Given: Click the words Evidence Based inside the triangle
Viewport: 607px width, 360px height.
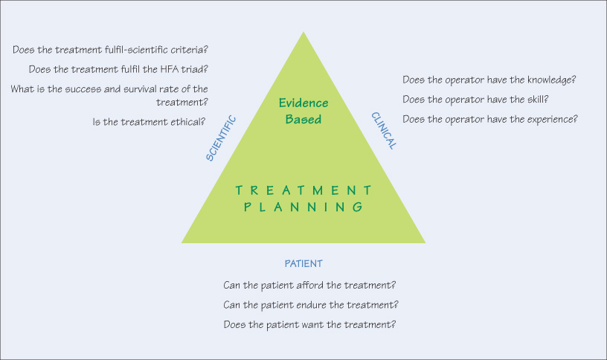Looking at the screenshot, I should coord(303,110).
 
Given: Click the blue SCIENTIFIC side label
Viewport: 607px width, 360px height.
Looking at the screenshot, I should coord(222,138).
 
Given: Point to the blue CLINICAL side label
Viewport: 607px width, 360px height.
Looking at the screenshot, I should coord(384,131).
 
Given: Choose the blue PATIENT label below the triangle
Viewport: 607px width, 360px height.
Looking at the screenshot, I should coord(303,263).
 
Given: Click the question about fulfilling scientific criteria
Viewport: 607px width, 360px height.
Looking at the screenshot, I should coord(110,50).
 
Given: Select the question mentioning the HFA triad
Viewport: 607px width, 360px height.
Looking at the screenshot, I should coord(118,69).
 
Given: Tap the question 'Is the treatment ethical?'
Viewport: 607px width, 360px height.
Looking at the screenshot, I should coord(150,121).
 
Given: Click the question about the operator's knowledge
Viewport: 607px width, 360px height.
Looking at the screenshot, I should coord(490,80).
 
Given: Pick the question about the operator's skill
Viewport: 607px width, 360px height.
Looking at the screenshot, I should coord(475,99).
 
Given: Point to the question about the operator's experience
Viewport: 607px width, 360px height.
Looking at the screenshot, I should coord(490,119).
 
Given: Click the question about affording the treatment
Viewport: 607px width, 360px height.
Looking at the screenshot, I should coord(309,285).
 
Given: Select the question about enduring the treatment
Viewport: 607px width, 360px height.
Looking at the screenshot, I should coord(311,305).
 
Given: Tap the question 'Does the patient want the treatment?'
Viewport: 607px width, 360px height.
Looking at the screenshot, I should coord(309,325).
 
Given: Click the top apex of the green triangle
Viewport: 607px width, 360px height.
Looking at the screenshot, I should coord(303,33).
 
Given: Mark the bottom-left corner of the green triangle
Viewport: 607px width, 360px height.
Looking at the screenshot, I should coord(183,242).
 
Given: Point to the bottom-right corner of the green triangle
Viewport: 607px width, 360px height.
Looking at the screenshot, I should coord(424,242).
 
